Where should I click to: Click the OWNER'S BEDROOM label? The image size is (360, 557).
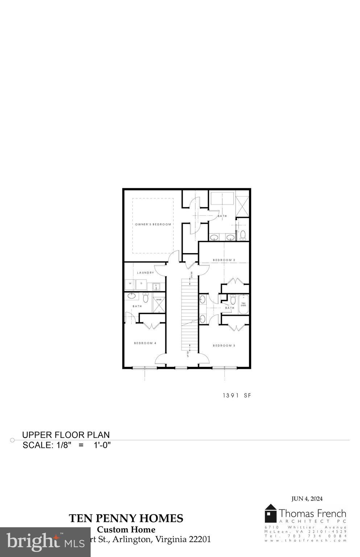pyautogui.click(x=153, y=224)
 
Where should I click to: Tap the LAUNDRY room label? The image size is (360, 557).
pyautogui.click(x=145, y=273)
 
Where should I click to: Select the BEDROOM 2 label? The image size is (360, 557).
pyautogui.click(x=224, y=260)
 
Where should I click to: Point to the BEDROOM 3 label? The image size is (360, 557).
pyautogui.click(x=224, y=346)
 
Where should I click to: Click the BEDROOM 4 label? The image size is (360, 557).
pyautogui.click(x=145, y=343)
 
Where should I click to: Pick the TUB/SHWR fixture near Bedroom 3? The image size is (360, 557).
pyautogui.click(x=243, y=305)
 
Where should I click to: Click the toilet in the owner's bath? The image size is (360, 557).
pyautogui.click(x=243, y=235)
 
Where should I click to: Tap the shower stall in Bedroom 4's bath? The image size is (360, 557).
pyautogui.click(x=159, y=305)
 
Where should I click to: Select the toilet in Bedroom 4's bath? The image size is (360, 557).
pyautogui.click(x=146, y=298)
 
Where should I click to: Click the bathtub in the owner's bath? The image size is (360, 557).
pyautogui.click(x=222, y=200)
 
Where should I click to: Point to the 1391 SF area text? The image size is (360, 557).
pyautogui.click(x=237, y=396)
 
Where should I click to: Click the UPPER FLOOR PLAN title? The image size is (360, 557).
pyautogui.click(x=66, y=435)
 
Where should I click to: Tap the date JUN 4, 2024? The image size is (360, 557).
pyautogui.click(x=307, y=499)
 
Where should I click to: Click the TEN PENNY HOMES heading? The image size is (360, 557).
pyautogui.click(x=126, y=519)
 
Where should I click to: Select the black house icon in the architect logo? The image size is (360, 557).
pyautogui.click(x=270, y=513)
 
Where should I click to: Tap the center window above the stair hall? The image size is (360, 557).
pyautogui.click(x=181, y=368)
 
